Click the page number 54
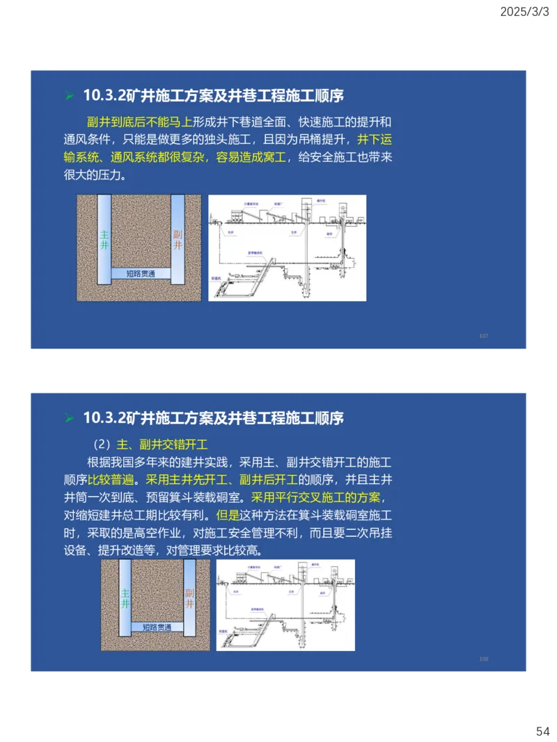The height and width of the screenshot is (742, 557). click(x=542, y=731)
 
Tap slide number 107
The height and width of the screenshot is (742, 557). click(x=484, y=336)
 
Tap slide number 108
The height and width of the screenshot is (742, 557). click(x=484, y=659)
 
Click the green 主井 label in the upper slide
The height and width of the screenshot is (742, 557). click(x=104, y=240)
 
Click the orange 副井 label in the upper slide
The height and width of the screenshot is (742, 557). click(x=178, y=240)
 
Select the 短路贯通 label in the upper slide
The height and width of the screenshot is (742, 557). click(x=141, y=273)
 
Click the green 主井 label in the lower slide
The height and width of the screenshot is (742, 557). click(x=125, y=599)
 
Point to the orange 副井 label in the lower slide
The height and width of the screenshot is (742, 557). click(x=189, y=599)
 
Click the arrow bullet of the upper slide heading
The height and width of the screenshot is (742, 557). click(x=69, y=95)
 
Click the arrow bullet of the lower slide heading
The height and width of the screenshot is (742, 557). click(x=69, y=419)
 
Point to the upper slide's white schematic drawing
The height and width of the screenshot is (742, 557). click(x=287, y=248)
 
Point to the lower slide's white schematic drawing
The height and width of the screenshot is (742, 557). click(x=285, y=605)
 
